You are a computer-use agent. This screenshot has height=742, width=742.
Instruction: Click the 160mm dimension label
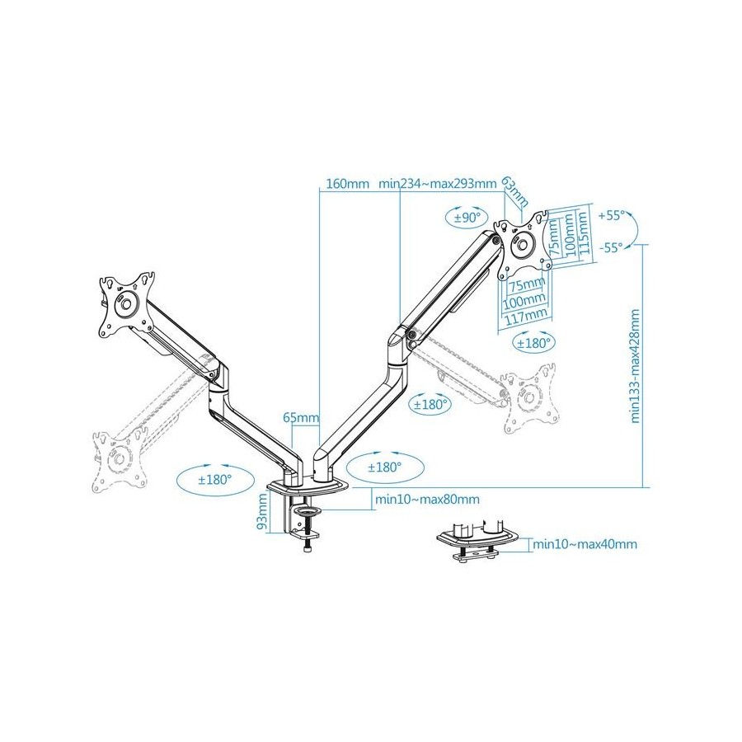pos(347,184)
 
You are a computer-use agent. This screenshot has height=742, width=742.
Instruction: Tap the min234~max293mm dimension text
pos(437,184)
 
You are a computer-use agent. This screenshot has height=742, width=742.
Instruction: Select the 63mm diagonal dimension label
pos(514,191)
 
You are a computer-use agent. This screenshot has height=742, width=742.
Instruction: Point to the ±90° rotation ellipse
pos(465,218)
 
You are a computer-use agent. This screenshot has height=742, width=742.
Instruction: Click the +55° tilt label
pos(612,216)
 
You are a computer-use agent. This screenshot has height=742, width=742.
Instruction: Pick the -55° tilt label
pos(612,248)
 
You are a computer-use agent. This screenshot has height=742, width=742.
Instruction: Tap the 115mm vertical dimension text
pos(583,232)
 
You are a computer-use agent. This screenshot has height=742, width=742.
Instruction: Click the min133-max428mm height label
pos(635,366)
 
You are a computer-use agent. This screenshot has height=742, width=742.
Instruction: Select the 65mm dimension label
pos(301,417)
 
